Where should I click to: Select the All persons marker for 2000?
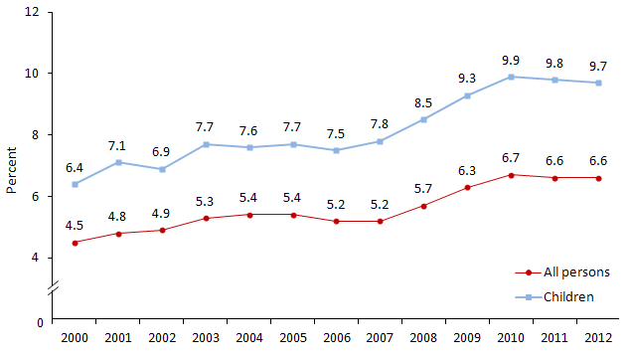point(77,242)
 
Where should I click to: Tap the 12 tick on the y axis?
point(34,12)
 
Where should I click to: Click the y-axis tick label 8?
point(37,134)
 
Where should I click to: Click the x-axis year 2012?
point(596,339)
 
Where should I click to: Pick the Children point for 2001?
point(119,162)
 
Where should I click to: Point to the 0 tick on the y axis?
point(41,322)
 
